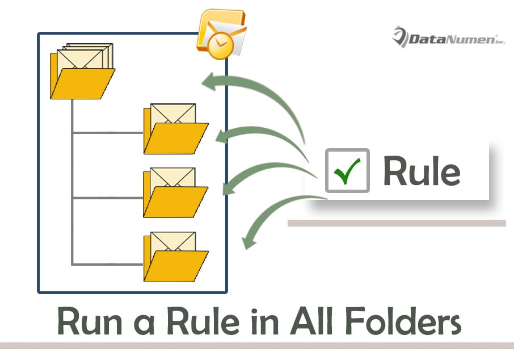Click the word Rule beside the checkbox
click(422, 170)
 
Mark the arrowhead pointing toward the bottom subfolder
click(247, 242)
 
